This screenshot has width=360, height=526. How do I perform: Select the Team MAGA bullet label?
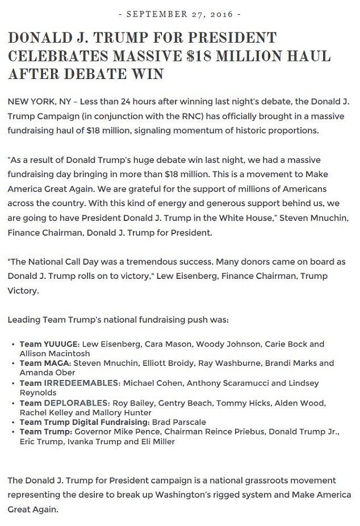click(45, 362)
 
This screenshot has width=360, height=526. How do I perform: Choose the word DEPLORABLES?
click(77, 403)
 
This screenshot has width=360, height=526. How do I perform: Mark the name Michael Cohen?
click(150, 383)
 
